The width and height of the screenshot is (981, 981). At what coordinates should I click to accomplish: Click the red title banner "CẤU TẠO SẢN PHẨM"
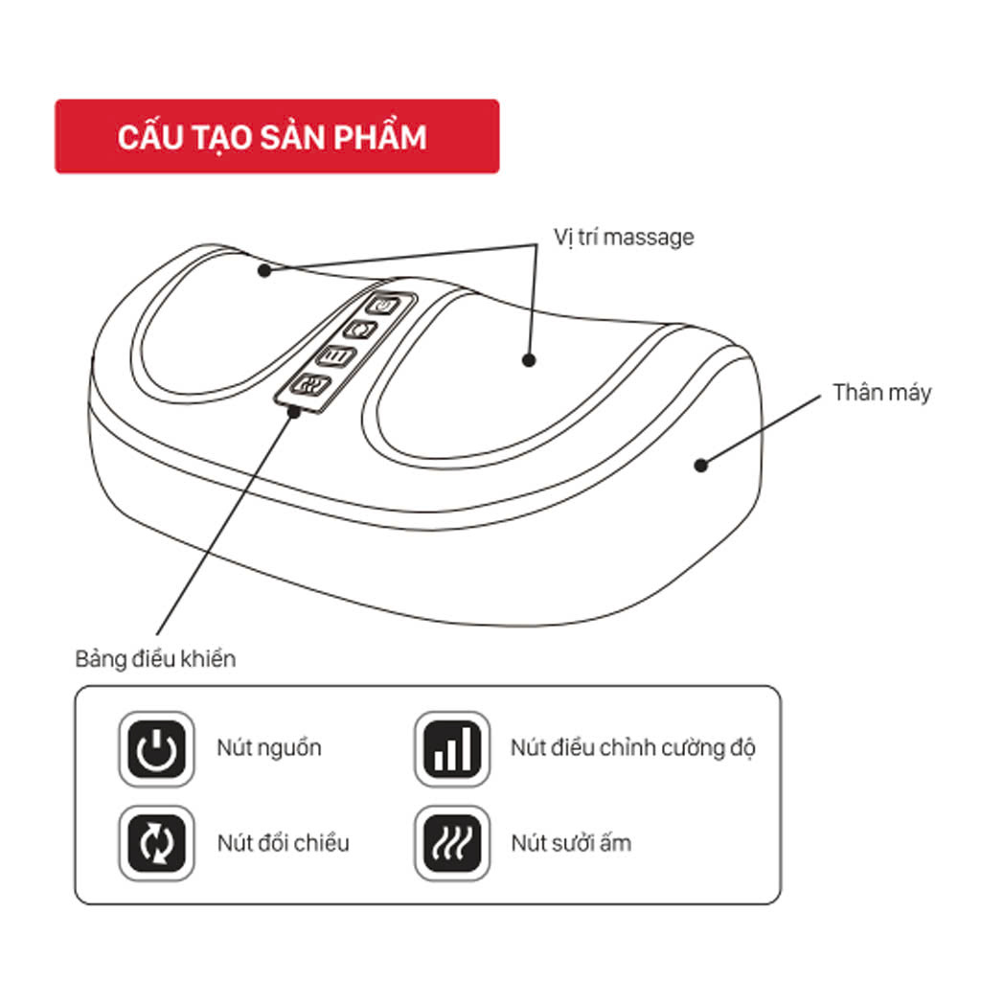point(277,136)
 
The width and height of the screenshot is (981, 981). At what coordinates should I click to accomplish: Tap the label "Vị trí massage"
point(624,238)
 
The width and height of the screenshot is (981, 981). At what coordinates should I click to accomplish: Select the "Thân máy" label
point(881,392)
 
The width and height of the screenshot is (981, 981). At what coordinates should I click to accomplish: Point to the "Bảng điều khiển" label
point(155,659)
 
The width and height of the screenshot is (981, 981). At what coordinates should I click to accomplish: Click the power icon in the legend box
point(156,748)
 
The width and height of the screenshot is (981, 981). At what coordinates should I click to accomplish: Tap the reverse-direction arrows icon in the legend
point(156,843)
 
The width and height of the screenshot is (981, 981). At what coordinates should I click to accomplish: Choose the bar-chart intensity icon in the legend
point(452,748)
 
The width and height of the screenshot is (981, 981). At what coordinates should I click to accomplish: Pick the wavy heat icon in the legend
point(452,843)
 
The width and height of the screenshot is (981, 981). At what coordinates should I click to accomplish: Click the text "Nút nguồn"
point(269,747)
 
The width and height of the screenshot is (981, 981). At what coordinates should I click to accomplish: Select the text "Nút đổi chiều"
point(284,843)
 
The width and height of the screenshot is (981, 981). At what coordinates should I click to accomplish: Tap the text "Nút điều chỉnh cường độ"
point(633,747)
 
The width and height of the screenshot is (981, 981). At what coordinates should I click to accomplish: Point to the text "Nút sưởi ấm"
point(571,843)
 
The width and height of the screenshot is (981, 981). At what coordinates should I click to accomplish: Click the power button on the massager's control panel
point(383,306)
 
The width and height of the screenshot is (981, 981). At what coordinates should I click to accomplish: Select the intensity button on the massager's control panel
point(336,356)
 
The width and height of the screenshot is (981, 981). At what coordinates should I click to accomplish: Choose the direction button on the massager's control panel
point(361,330)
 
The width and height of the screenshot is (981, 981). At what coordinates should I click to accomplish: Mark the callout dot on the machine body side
point(701,465)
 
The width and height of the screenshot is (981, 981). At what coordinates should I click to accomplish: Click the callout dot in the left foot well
point(264,271)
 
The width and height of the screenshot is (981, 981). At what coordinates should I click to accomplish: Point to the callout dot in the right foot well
point(529,360)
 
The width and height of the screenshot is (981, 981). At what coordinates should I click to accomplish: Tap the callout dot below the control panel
point(294,411)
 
